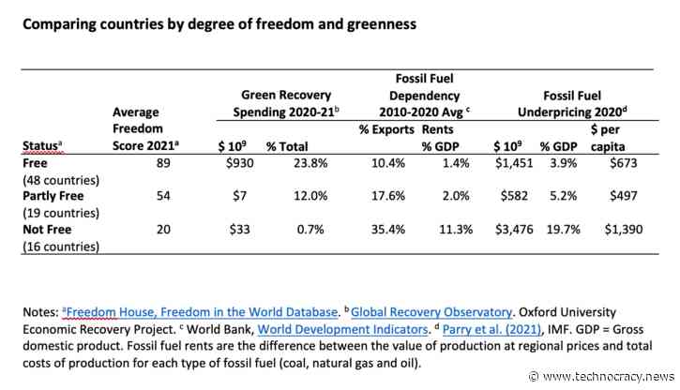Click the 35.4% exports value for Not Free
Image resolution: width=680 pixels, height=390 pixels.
[380, 222]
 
